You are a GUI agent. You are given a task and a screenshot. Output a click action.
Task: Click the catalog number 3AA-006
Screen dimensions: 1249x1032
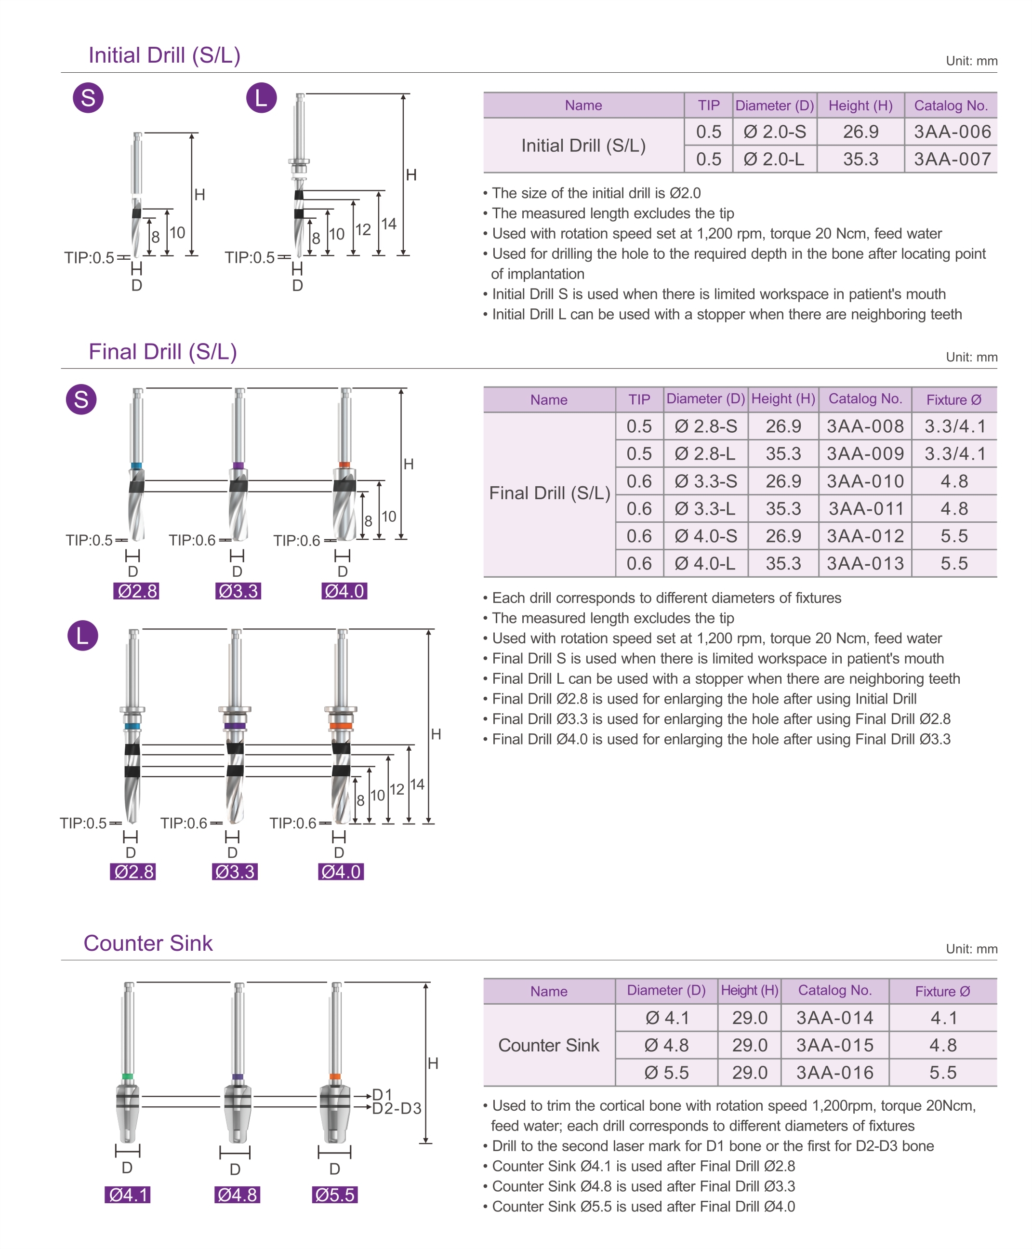click(952, 132)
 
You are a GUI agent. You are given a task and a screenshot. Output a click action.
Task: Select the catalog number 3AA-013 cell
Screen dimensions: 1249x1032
click(865, 563)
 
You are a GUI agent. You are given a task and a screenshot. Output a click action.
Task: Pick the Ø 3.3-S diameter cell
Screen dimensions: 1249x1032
click(706, 481)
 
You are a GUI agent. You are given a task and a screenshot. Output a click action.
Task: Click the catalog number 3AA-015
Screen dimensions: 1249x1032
click(834, 1045)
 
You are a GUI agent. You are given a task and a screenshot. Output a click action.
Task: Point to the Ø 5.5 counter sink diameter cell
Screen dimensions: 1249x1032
click(666, 1073)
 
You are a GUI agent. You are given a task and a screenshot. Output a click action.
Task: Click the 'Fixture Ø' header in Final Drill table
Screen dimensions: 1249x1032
click(953, 399)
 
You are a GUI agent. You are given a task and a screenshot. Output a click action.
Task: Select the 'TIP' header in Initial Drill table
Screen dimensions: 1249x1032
click(708, 105)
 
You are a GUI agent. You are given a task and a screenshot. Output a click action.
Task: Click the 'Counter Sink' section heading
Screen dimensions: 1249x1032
click(148, 943)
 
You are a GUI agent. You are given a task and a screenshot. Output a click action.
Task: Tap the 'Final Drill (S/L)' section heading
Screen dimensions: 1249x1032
click(163, 352)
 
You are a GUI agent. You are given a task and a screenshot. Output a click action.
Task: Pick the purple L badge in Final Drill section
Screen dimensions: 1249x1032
click(83, 636)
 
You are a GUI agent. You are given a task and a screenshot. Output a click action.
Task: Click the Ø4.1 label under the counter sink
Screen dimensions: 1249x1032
click(127, 1194)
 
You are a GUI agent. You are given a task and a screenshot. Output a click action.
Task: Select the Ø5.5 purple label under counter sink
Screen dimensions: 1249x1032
click(335, 1194)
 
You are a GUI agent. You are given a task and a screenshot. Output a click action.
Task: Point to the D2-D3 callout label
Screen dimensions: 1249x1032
click(397, 1109)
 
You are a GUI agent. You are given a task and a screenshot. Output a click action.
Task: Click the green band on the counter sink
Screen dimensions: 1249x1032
click(127, 1076)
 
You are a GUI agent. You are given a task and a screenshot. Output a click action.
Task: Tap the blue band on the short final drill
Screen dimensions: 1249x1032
click(136, 466)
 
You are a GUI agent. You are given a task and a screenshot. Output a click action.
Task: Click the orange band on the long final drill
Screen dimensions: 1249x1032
click(341, 725)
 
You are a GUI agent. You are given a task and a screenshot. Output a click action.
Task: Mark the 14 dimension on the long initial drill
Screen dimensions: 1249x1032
click(389, 224)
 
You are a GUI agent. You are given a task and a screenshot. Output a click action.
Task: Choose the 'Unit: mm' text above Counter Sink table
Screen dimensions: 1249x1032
click(971, 949)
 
